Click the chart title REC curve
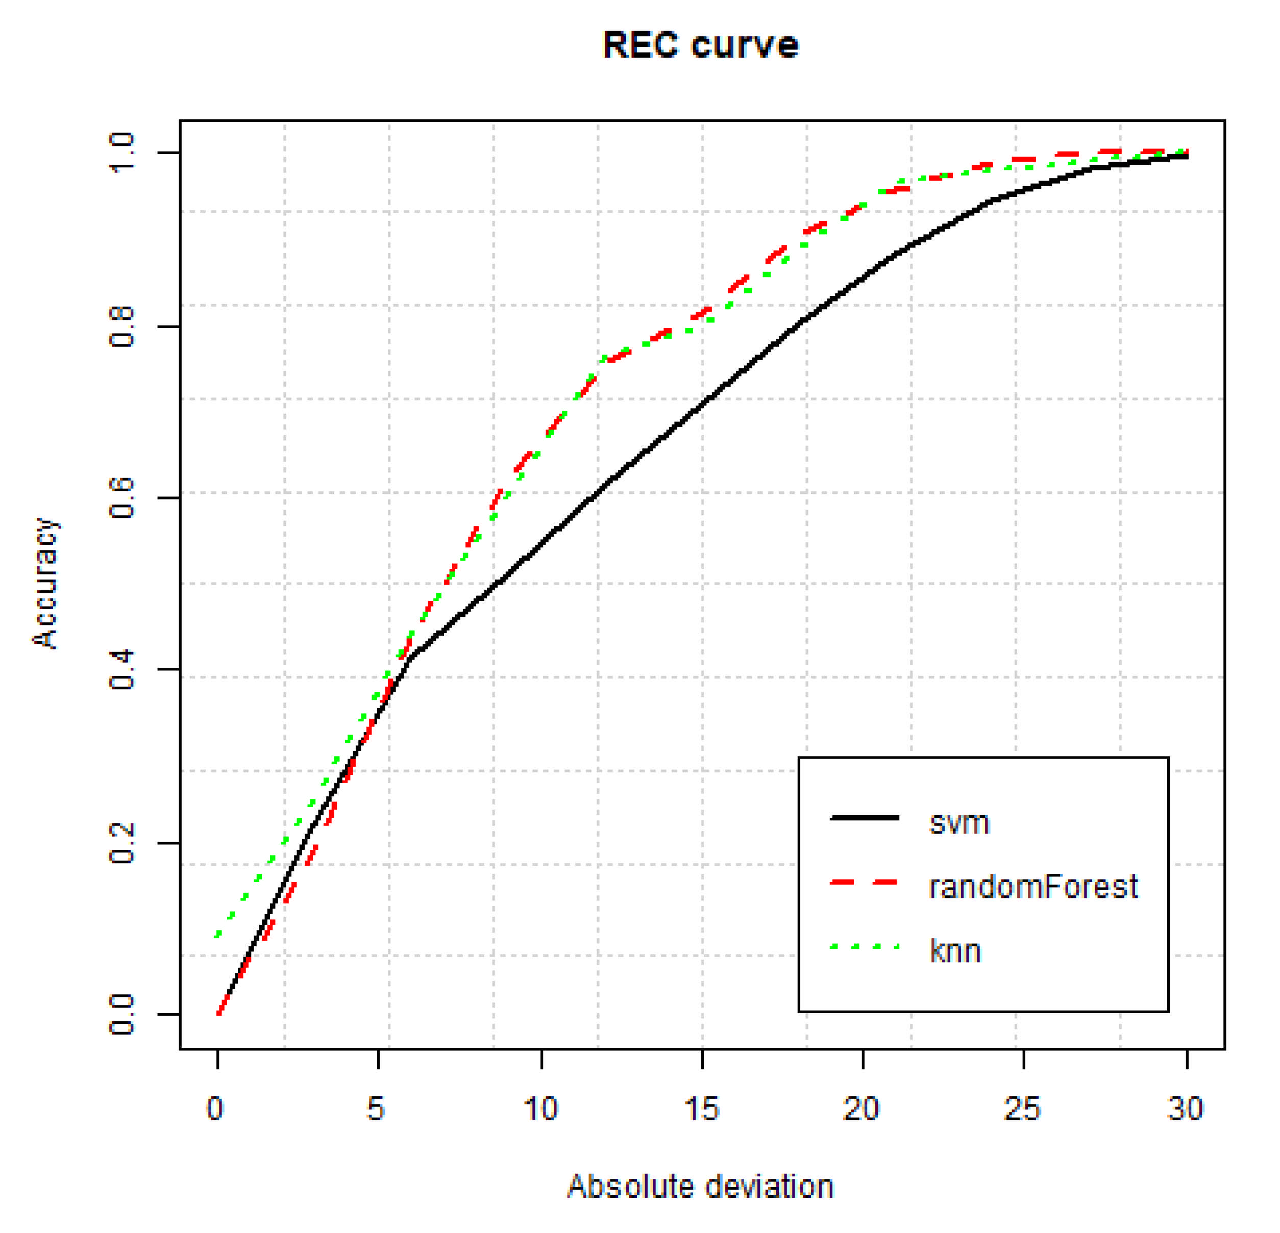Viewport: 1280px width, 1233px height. pyautogui.click(x=700, y=46)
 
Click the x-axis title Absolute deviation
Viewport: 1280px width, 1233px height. pyautogui.click(x=700, y=1186)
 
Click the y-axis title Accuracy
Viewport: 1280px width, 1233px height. pyautogui.click(x=46, y=584)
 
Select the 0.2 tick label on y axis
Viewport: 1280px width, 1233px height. pyautogui.click(x=122, y=843)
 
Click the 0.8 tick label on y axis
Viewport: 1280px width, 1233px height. pyautogui.click(x=122, y=326)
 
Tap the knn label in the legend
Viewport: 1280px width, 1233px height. pyautogui.click(x=955, y=951)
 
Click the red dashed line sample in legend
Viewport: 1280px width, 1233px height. pyautogui.click(x=864, y=883)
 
